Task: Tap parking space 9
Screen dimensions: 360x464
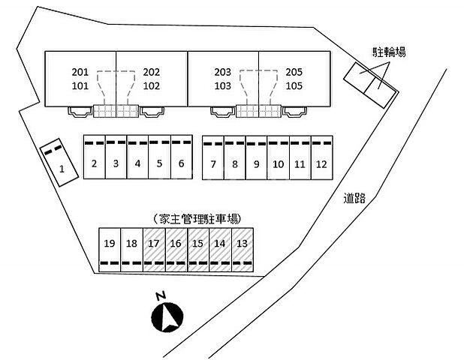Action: [x=256, y=164]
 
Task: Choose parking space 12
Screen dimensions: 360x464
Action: [x=321, y=164]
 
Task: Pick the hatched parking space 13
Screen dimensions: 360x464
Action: [x=242, y=243]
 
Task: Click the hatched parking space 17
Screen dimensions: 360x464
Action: [x=154, y=243]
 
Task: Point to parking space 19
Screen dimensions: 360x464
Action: [x=110, y=243]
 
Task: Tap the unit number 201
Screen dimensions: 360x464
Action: [x=80, y=73]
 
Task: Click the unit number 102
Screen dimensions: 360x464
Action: [x=152, y=85]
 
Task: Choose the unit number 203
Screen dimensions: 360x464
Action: [x=222, y=73]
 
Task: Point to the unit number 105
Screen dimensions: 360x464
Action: [x=294, y=85]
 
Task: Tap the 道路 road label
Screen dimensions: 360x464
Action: [x=354, y=198]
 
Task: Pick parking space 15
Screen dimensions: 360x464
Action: [x=197, y=243]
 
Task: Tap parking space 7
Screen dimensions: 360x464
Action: [x=213, y=164]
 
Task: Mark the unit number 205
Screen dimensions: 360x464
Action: [x=294, y=73]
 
